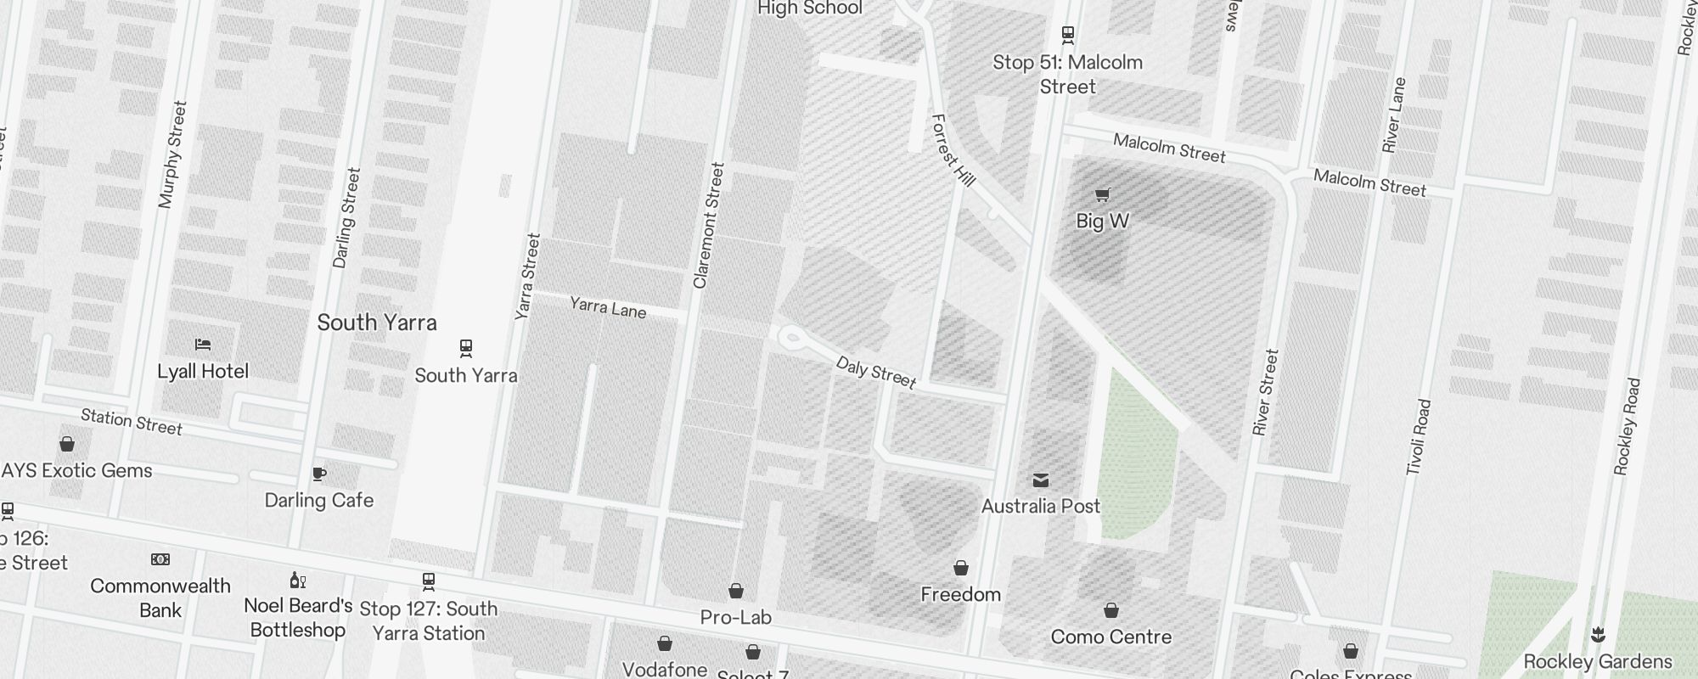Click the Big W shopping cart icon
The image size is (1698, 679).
coord(1102,195)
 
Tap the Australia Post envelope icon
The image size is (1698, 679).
coord(1041,480)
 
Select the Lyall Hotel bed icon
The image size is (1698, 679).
coord(203,345)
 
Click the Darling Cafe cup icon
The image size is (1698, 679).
coord(319,474)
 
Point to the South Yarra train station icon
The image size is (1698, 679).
coord(465,348)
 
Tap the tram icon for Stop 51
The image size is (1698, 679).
coord(1068,35)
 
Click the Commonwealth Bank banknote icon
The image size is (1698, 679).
coord(160,559)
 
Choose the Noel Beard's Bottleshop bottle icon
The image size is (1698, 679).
coord(297,581)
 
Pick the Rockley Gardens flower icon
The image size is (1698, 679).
coord(1598,635)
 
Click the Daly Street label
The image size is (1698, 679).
coord(876,373)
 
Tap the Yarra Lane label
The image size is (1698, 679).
coord(608,307)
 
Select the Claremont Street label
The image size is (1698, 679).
coord(709,226)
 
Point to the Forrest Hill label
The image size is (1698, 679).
coord(953,150)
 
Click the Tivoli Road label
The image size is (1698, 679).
coord(1419,437)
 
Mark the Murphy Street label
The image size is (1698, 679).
coord(172,154)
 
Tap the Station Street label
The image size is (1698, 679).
coord(132,421)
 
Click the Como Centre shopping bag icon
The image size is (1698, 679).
coord(1110,610)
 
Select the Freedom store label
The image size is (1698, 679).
coord(961,594)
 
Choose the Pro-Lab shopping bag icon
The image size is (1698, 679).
coord(736,591)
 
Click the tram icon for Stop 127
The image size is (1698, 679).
coord(429,581)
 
